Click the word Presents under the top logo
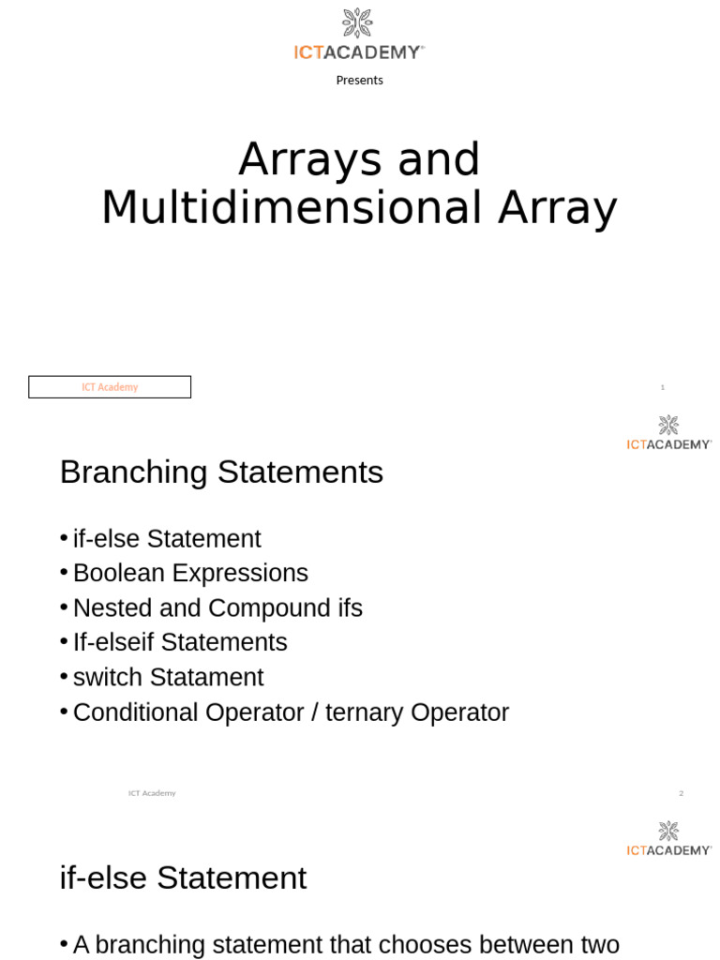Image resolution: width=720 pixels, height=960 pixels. click(359, 81)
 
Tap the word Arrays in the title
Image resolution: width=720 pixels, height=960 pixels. click(310, 160)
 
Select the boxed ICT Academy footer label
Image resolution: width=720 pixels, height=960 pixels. click(110, 387)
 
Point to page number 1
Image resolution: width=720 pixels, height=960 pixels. click(662, 387)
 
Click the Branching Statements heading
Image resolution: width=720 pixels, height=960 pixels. click(221, 472)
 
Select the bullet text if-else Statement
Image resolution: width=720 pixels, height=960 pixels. click(167, 539)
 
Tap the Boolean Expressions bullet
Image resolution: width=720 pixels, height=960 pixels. click(190, 573)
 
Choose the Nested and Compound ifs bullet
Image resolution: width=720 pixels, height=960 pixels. click(217, 608)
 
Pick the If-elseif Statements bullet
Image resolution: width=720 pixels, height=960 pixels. click(180, 642)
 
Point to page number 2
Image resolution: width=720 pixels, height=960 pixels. click(682, 793)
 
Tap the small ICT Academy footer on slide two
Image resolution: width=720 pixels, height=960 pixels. click(152, 793)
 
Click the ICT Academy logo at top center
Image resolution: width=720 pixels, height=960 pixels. click(359, 35)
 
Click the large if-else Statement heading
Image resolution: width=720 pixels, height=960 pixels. click(183, 878)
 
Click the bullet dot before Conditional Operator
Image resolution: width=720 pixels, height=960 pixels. click(64, 712)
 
